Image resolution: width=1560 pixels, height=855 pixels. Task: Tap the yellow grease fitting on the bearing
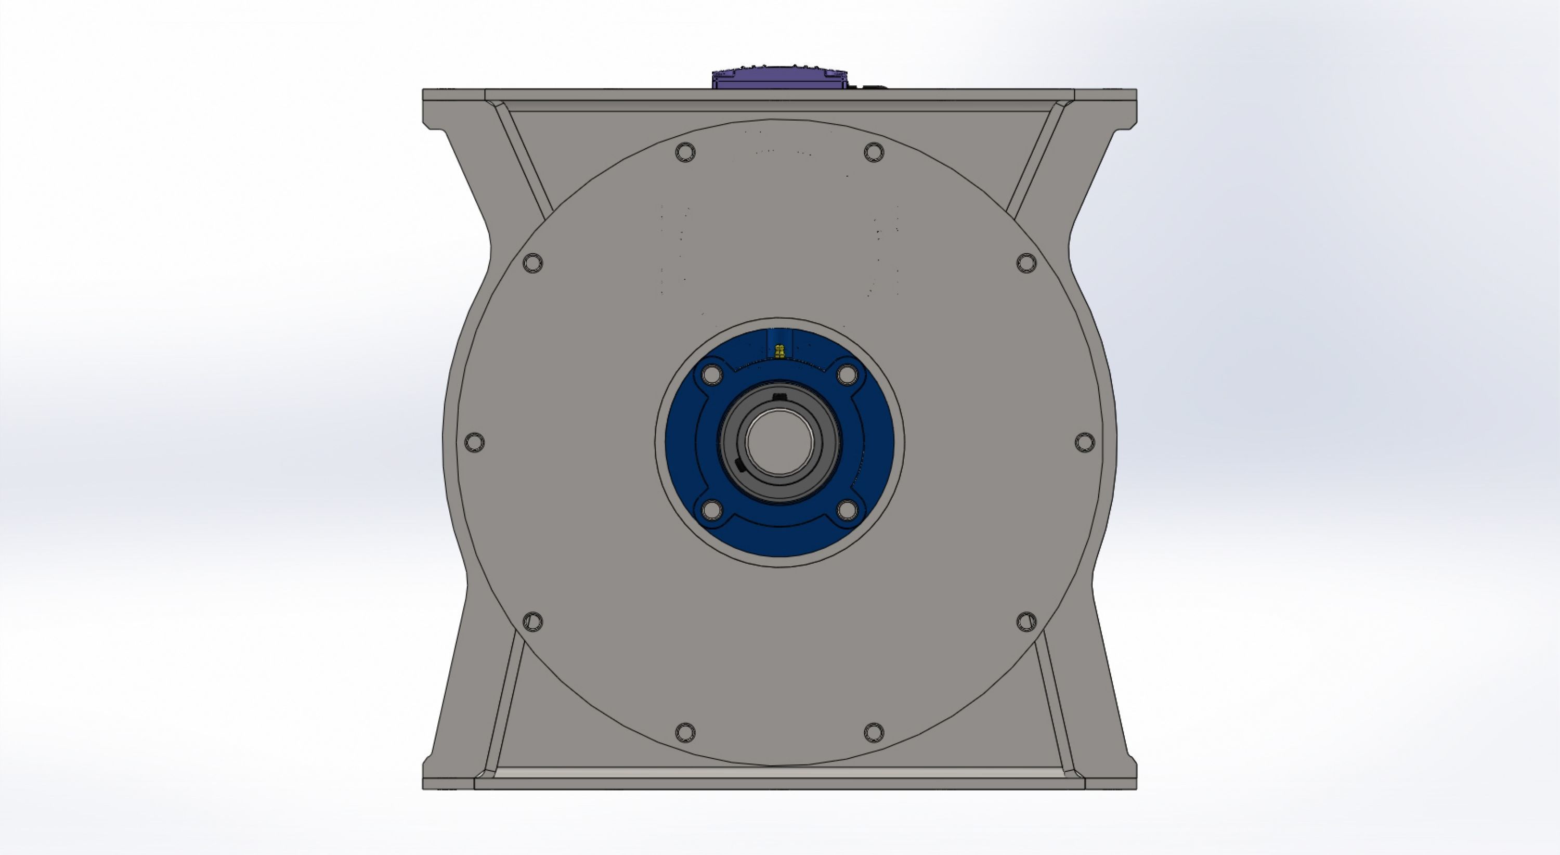(779, 351)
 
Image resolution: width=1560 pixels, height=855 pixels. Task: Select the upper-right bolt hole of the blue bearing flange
(847, 375)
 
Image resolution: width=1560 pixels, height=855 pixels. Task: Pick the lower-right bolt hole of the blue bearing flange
(847, 510)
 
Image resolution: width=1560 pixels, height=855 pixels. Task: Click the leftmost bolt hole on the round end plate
(474, 442)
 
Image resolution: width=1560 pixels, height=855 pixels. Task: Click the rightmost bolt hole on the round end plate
(1085, 442)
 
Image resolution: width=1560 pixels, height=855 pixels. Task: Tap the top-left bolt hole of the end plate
(685, 152)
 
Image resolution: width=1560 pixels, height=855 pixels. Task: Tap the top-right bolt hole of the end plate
(873, 152)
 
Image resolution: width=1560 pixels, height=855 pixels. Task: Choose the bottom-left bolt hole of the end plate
(685, 732)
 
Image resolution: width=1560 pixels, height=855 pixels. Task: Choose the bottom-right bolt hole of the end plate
(873, 732)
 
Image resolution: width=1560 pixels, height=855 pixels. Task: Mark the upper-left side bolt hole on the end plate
(532, 263)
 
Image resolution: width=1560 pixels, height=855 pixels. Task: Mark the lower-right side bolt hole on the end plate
(1026, 621)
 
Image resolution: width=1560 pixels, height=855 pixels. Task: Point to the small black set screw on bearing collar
(738, 464)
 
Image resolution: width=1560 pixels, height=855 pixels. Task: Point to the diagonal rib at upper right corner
(1035, 161)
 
